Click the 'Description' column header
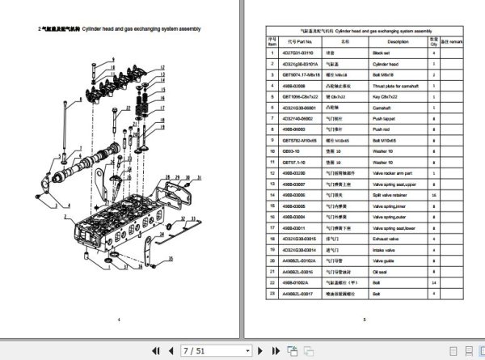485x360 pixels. coord(398,39)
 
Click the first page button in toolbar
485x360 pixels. coord(155,350)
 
